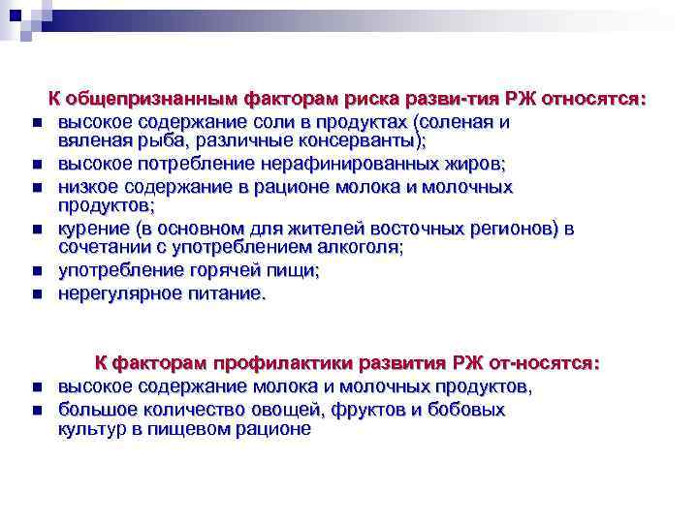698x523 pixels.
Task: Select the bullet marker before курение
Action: coord(35,231)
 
